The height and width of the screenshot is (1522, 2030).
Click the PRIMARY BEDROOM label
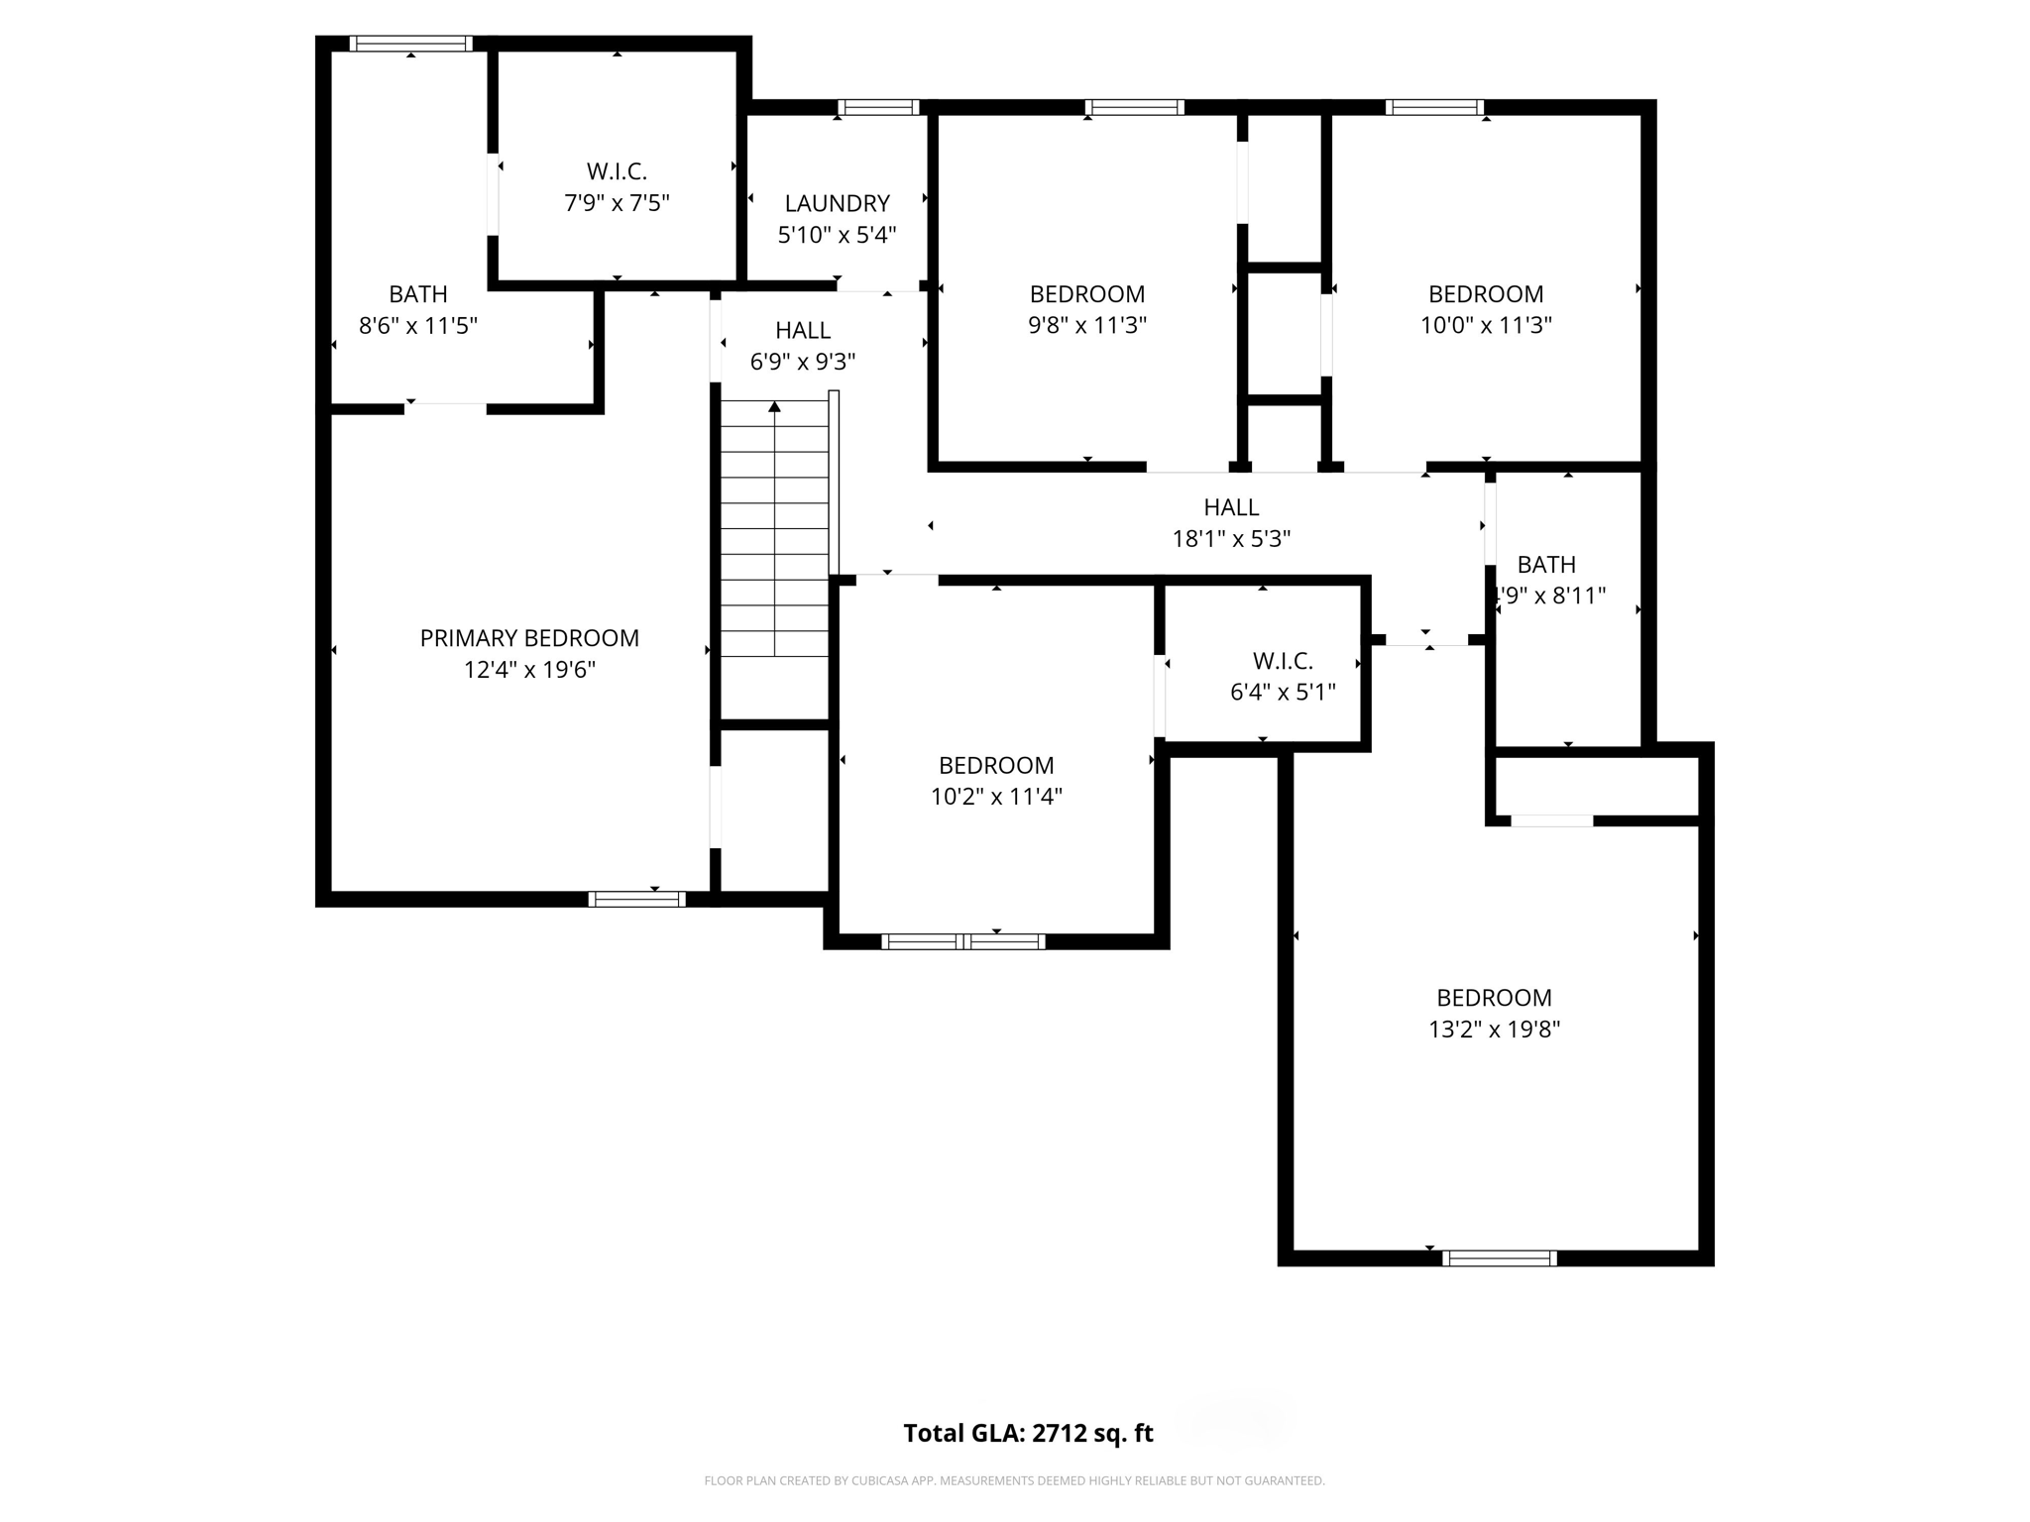[529, 638]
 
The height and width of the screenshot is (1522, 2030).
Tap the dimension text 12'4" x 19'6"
[529, 670]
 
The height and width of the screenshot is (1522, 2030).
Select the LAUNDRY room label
[837, 203]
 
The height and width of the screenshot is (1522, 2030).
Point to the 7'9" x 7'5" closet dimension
[617, 203]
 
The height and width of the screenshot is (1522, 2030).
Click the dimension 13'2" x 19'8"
[1494, 1030]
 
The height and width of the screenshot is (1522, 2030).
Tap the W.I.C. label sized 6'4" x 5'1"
[1283, 661]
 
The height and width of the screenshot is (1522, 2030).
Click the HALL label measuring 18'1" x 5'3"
[1231, 507]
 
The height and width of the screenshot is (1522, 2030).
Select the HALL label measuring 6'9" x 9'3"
[803, 330]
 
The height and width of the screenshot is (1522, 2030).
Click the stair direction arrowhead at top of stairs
[775, 406]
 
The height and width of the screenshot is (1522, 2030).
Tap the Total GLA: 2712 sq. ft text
[1028, 1433]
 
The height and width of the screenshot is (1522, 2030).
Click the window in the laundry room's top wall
[878, 107]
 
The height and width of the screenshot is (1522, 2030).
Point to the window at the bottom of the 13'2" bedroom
[1499, 1258]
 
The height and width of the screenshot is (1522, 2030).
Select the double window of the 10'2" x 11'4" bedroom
[962, 941]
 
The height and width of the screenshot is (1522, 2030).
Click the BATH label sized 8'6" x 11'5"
[417, 294]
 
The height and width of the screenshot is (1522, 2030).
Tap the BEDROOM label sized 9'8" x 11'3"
[1086, 294]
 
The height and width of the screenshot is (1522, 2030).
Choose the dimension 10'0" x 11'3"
[1485, 325]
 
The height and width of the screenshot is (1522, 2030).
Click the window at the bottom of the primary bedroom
[636, 899]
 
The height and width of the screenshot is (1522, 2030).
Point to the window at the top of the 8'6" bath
[410, 44]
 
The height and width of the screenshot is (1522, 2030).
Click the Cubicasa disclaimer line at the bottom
[1014, 1481]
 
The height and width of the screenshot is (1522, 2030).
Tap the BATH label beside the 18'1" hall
[1546, 565]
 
